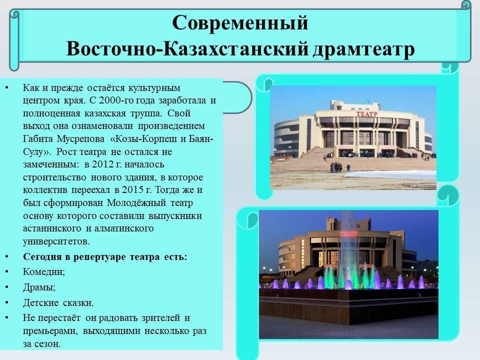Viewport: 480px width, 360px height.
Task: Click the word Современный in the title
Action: click(240, 22)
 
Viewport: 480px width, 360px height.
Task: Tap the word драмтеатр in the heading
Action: click(363, 49)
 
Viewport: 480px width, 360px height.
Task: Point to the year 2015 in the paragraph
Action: click(132, 190)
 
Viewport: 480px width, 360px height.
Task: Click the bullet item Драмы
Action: click(39, 287)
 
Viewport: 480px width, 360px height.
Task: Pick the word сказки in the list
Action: click(78, 303)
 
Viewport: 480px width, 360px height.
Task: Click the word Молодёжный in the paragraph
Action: click(136, 203)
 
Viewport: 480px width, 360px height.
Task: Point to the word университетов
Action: click(56, 241)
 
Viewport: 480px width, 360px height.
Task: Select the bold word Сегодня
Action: click(42, 257)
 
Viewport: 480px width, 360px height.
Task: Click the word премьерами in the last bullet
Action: click(51, 331)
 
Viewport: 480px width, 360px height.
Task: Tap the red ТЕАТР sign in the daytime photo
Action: click(367, 114)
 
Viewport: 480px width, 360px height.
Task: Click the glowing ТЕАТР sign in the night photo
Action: click(348, 234)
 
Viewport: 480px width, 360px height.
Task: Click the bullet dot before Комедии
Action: click(6, 272)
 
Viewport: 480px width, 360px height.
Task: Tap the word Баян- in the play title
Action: click(201, 139)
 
